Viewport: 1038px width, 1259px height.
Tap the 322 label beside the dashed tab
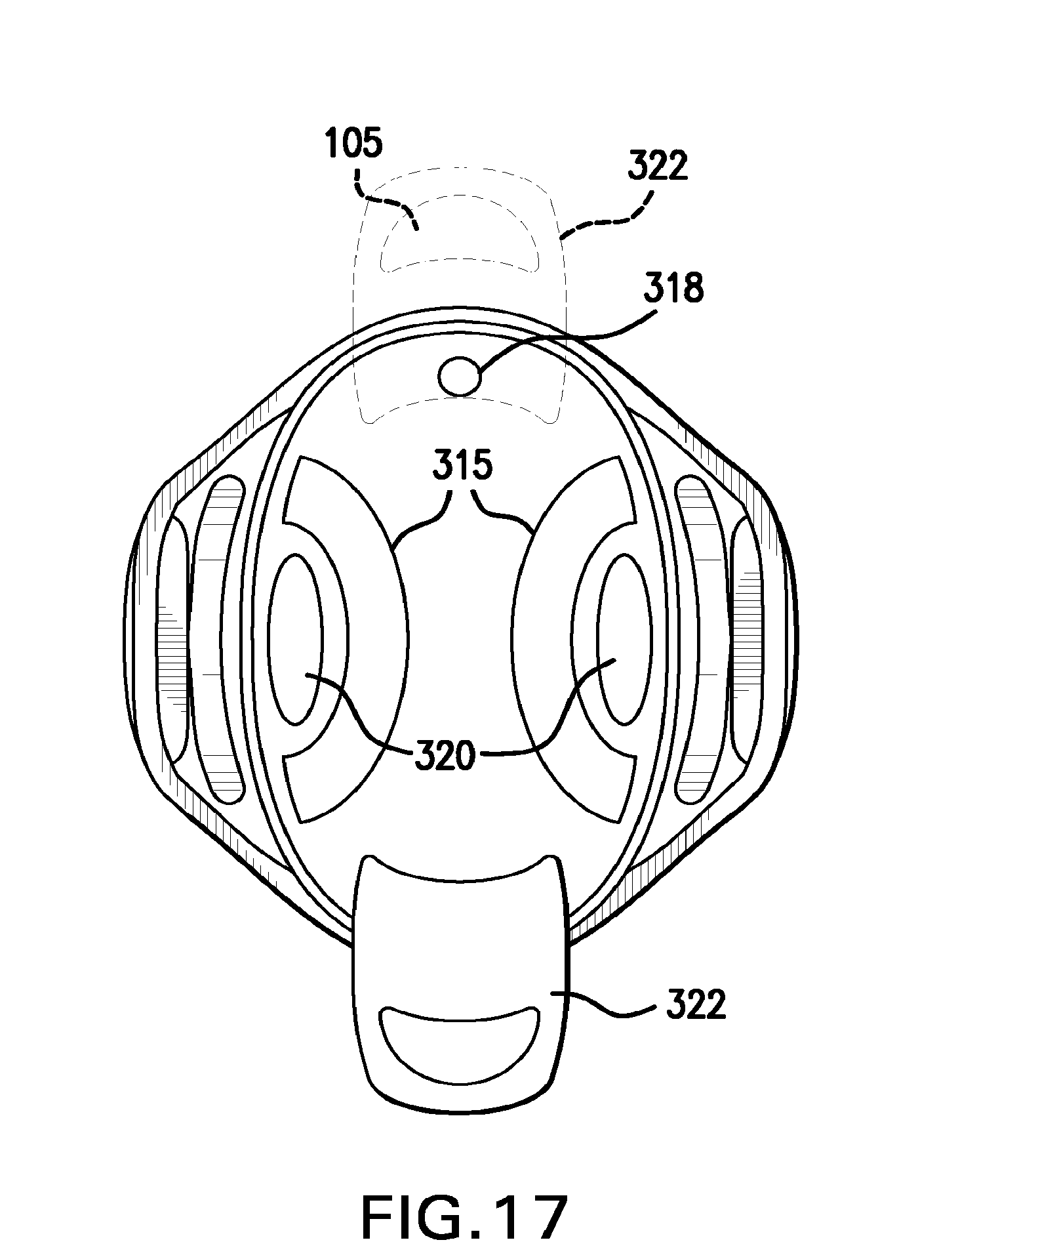coord(658,167)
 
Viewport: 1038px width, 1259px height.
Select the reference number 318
coord(674,289)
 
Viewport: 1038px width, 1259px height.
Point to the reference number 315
coord(462,466)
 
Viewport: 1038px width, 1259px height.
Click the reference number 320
coord(444,756)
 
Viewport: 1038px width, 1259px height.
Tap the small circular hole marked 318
coord(460,377)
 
